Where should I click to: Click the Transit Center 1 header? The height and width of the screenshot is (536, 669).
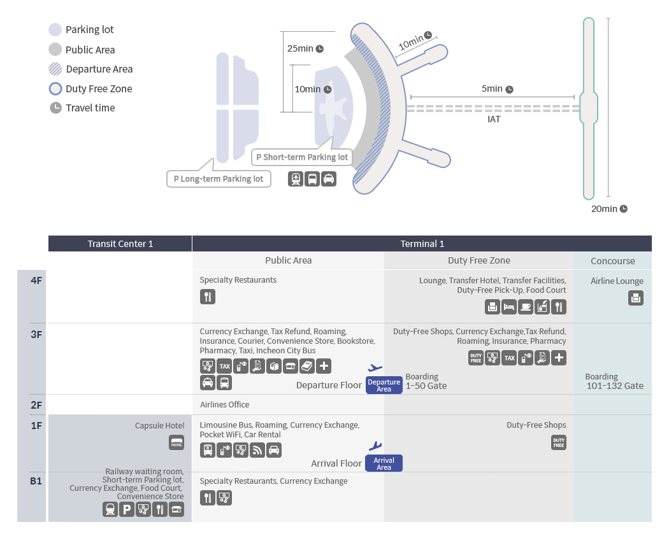click(120, 244)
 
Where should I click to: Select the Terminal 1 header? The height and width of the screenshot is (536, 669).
click(422, 244)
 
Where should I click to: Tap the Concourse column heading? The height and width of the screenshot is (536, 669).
click(612, 260)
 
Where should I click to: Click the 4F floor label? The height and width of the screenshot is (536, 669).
click(36, 280)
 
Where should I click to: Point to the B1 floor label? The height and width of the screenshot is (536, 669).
click(36, 481)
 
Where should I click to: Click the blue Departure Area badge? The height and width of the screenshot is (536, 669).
click(384, 385)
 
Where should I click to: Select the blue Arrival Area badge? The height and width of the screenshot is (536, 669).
click(384, 463)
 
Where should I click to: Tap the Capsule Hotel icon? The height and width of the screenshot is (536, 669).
click(176, 442)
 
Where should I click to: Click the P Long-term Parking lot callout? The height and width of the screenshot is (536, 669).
click(219, 179)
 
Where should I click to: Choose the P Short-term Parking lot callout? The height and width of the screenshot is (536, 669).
click(302, 157)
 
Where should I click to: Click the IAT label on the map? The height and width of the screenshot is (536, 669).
click(494, 119)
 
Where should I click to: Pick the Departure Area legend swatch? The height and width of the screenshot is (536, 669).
click(55, 69)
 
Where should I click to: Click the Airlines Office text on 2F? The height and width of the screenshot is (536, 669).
click(224, 405)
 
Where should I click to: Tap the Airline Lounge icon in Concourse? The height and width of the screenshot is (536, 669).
click(635, 297)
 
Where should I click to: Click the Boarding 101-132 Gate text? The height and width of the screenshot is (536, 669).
click(614, 381)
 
